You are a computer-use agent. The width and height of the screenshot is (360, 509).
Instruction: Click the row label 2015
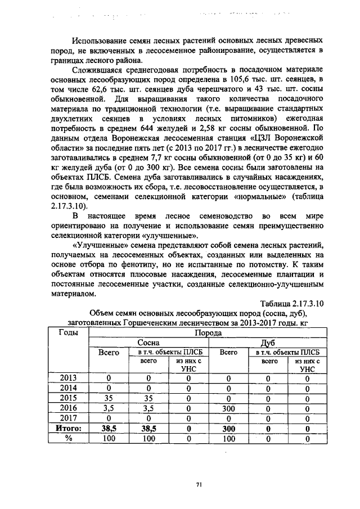click(68, 398)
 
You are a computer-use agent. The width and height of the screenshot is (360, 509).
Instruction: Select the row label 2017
click(68, 418)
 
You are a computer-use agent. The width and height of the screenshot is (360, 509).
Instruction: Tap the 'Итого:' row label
click(68, 429)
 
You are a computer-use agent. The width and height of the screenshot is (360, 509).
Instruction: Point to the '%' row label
click(68, 439)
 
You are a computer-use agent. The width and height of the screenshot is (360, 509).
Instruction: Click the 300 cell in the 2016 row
click(228, 408)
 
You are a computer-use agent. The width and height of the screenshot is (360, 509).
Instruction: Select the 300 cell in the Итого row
click(228, 429)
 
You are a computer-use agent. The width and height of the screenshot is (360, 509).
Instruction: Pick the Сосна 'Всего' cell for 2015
click(109, 398)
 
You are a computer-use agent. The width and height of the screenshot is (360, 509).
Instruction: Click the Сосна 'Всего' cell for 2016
click(109, 408)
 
